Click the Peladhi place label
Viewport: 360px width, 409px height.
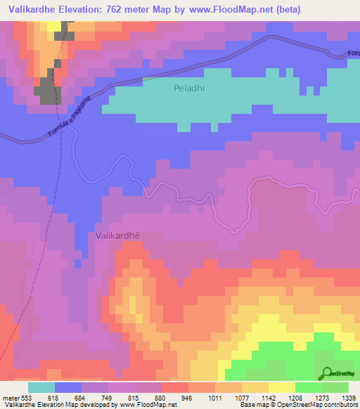188,89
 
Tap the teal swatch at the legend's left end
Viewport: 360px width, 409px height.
41,387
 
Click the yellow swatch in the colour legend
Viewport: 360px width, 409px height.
281,387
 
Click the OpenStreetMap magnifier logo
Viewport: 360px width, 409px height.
327,373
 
